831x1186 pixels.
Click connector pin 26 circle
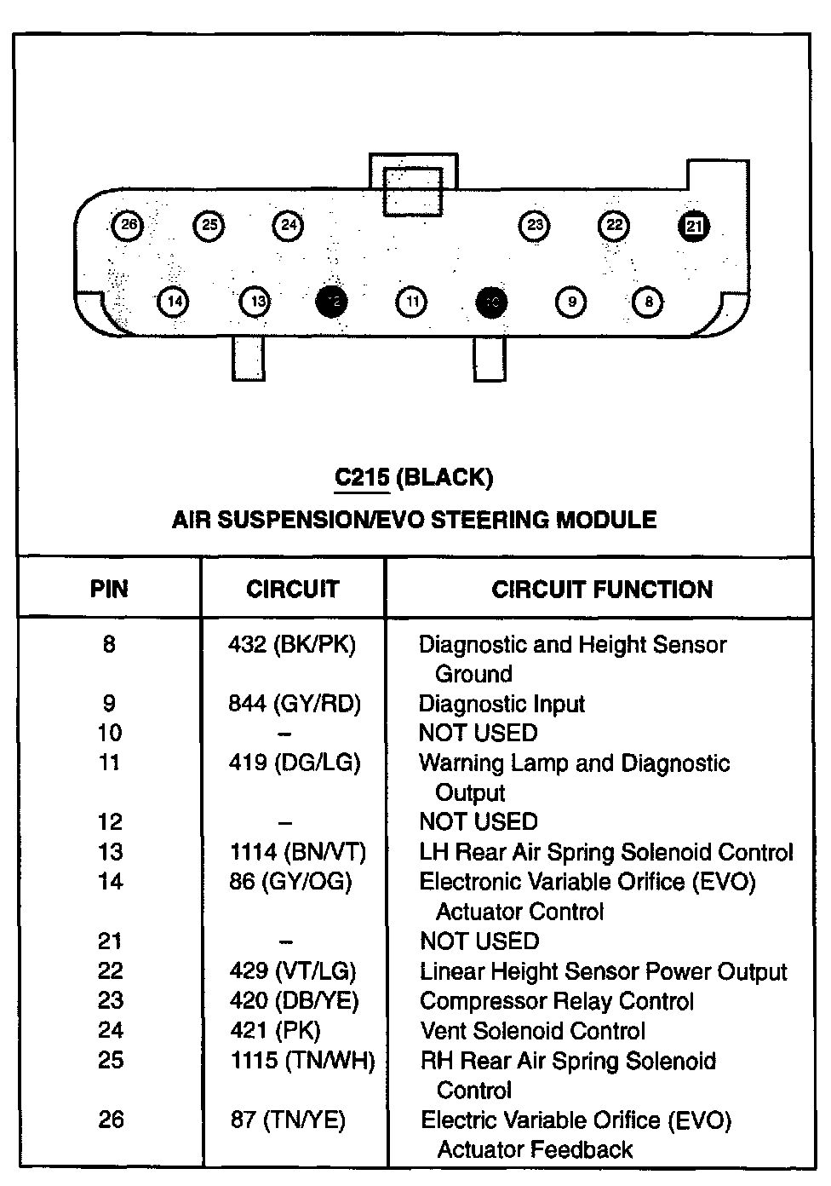[x=128, y=226]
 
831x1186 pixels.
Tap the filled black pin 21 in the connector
[x=694, y=226]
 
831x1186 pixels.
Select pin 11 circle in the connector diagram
[x=411, y=302]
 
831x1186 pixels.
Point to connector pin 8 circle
[x=648, y=302]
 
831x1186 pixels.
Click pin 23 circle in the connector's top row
[x=534, y=226]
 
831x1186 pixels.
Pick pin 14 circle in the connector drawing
[x=173, y=302]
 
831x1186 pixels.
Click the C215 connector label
[x=361, y=477]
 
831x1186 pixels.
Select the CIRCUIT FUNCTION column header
[x=601, y=590]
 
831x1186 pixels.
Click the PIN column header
[x=109, y=590]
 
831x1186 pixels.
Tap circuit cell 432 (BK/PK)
[x=292, y=645]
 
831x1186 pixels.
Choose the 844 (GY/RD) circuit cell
[x=295, y=704]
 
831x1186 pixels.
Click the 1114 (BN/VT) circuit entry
[x=297, y=852]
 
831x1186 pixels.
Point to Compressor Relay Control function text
[x=557, y=1001]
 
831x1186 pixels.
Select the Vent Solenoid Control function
[x=532, y=1031]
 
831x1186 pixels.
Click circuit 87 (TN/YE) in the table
[x=288, y=1120]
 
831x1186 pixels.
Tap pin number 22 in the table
[x=111, y=971]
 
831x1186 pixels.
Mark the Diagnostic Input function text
[x=501, y=704]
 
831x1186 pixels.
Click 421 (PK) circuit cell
[x=275, y=1031]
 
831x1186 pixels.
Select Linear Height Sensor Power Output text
[x=603, y=971]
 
